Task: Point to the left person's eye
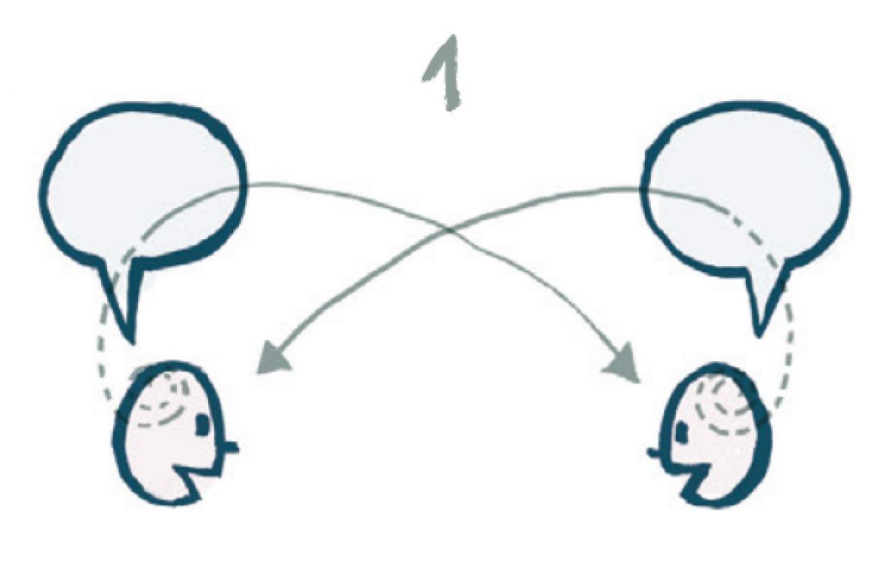point(203,424)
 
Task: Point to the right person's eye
point(681,429)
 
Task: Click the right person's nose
point(655,451)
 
